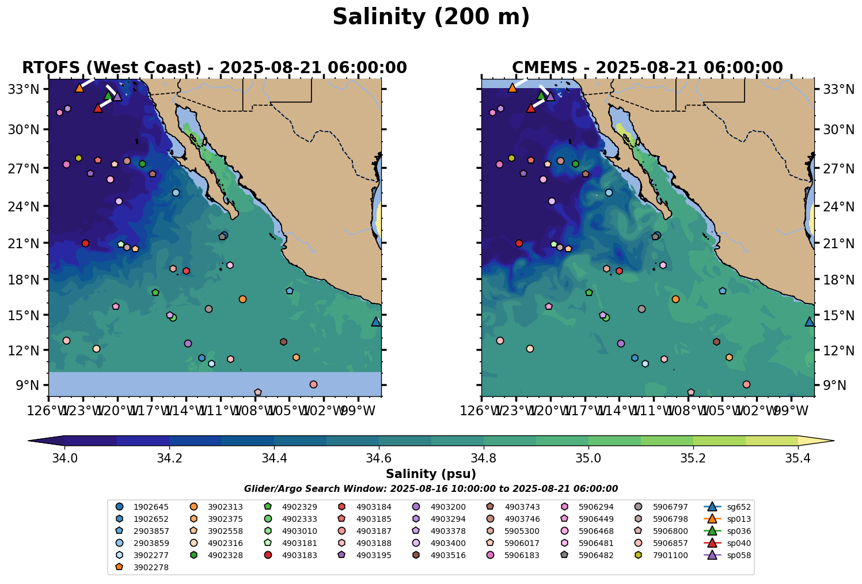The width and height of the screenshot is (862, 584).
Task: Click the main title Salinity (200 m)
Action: [431, 17]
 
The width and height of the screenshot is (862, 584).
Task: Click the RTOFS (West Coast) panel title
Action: [214, 68]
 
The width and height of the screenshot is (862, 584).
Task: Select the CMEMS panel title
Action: [647, 68]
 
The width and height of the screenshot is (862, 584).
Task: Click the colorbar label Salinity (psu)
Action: [431, 474]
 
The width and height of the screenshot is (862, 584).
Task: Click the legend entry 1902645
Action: [151, 507]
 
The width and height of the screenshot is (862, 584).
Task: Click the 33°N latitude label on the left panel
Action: [27, 89]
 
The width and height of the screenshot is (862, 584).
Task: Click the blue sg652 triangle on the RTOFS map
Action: [376, 321]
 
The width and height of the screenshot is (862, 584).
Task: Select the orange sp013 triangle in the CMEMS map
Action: [512, 88]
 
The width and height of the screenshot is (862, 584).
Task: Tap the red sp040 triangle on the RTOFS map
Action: [98, 108]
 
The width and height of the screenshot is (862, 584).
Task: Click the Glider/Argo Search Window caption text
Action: [431, 488]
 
